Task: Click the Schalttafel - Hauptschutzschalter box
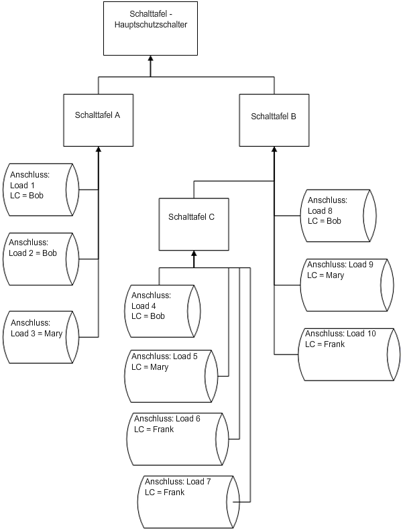(x=150, y=27)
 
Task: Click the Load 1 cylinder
(x=41, y=190)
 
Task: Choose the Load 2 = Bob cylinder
(x=41, y=259)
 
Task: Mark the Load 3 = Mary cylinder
(x=41, y=336)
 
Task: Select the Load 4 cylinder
(x=164, y=311)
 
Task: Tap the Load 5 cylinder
(x=171, y=375)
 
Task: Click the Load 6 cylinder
(x=176, y=439)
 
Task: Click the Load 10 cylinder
(x=346, y=354)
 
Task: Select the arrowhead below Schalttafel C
(x=193, y=254)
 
